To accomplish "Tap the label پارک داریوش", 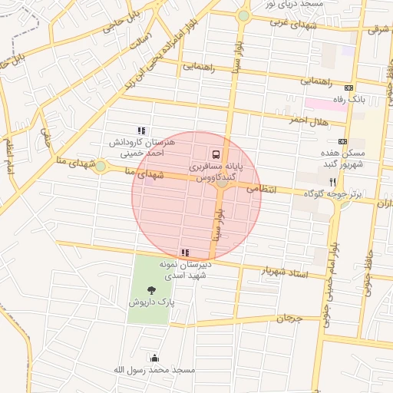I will click(x=151, y=303).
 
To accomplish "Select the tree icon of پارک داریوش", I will click(x=151, y=290).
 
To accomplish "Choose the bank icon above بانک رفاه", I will click(x=349, y=88).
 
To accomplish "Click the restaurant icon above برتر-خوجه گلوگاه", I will click(x=332, y=182).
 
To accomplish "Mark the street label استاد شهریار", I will click(x=285, y=271).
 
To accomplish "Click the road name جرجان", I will click(x=291, y=317).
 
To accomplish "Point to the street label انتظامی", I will click(x=262, y=186).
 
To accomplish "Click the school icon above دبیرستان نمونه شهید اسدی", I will click(x=184, y=252).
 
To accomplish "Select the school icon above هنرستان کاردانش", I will click(x=140, y=130).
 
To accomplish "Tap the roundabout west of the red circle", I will click(x=100, y=166).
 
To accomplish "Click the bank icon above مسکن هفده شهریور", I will click(x=342, y=141).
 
